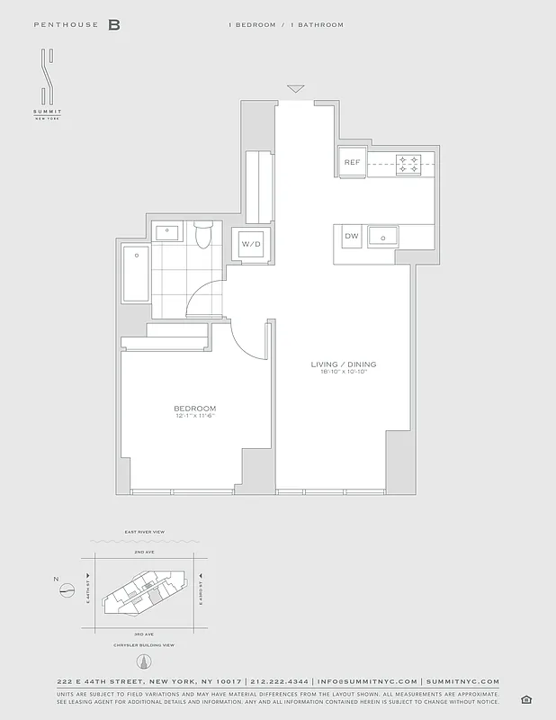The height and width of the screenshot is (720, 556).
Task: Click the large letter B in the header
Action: click(114, 25)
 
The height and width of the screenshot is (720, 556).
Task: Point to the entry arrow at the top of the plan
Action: click(295, 89)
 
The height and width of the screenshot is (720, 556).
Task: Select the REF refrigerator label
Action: click(353, 163)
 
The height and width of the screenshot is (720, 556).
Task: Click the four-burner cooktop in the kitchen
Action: click(408, 163)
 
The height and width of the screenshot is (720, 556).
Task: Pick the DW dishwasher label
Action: click(351, 236)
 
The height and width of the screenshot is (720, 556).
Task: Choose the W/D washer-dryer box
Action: click(251, 243)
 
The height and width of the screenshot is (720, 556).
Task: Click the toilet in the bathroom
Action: click(202, 236)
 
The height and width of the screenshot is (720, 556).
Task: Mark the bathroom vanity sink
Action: click(168, 232)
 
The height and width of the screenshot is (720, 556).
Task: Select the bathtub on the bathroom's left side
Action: click(135, 274)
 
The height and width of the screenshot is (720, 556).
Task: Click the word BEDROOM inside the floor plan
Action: click(194, 409)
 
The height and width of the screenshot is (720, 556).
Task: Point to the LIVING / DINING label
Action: click(344, 364)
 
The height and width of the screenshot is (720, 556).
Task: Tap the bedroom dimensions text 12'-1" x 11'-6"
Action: click(194, 416)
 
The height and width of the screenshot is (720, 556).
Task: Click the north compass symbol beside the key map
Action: click(66, 590)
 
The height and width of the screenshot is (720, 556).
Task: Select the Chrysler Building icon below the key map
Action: click(141, 661)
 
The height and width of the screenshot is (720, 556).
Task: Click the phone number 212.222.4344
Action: click(281, 681)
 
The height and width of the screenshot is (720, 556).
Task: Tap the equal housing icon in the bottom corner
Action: click(525, 700)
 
